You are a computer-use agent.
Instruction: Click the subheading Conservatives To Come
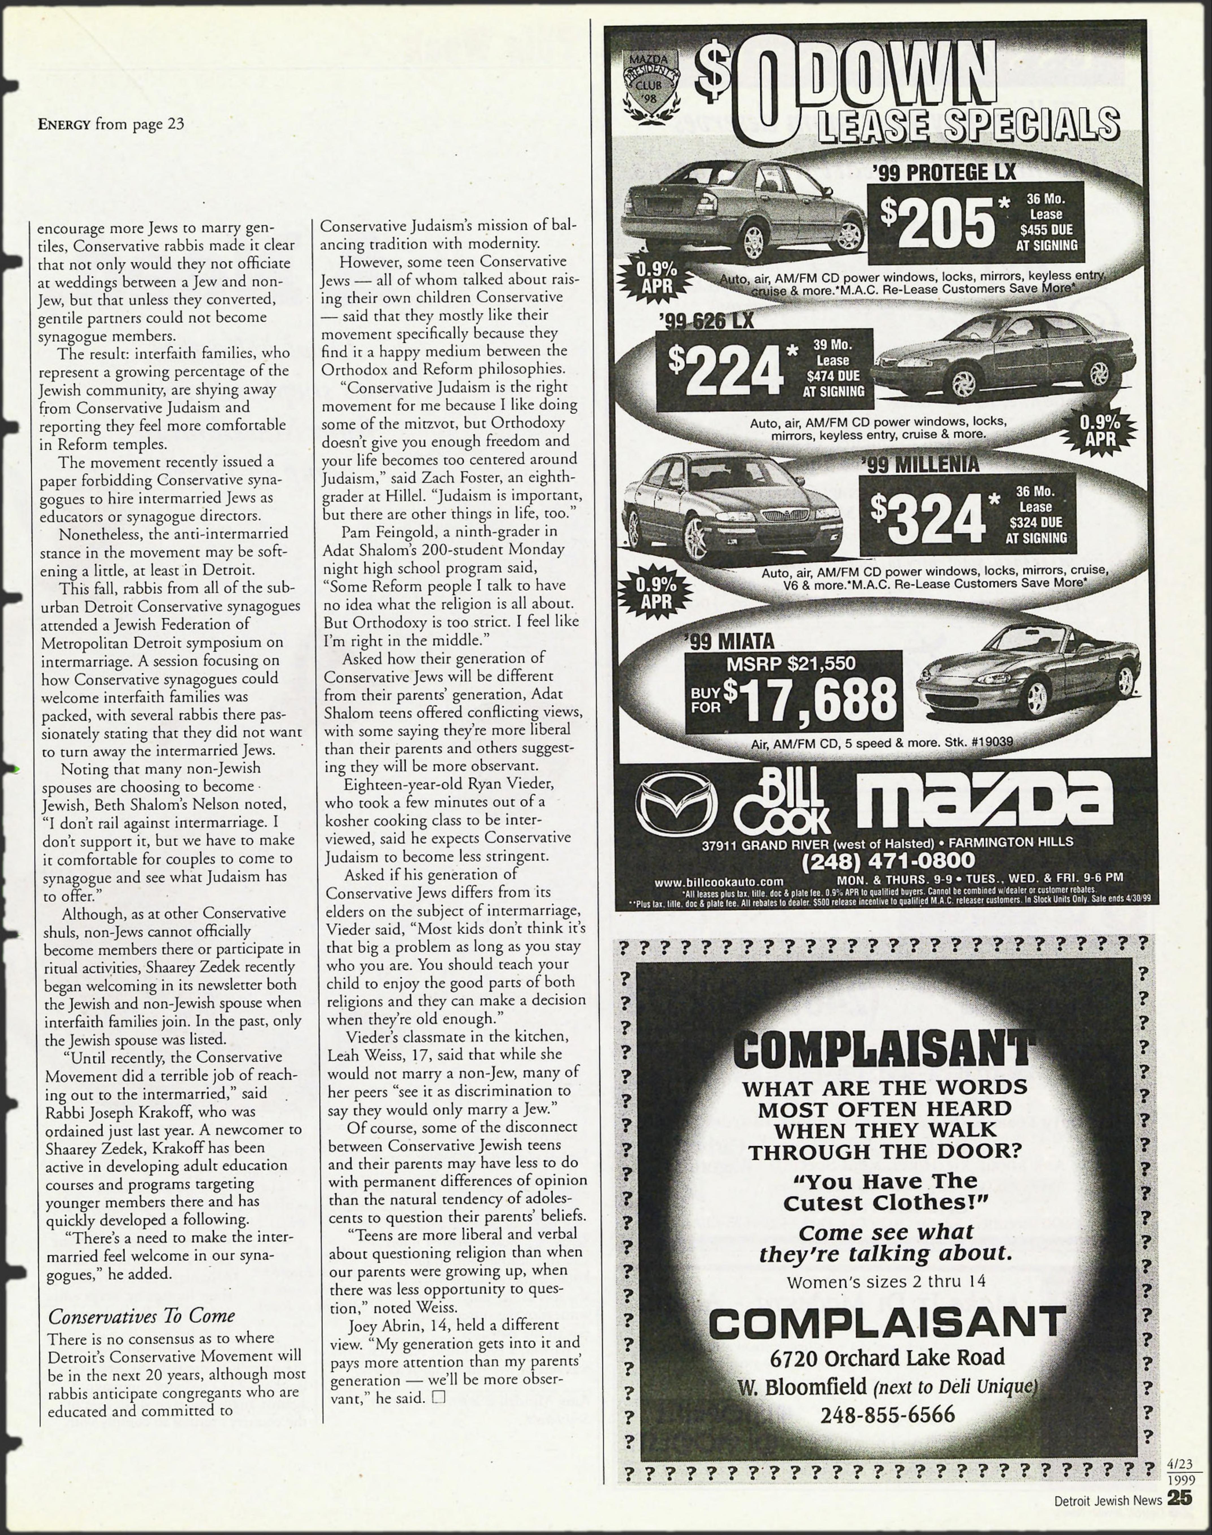click(x=141, y=1316)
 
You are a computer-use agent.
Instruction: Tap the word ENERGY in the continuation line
click(x=64, y=125)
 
